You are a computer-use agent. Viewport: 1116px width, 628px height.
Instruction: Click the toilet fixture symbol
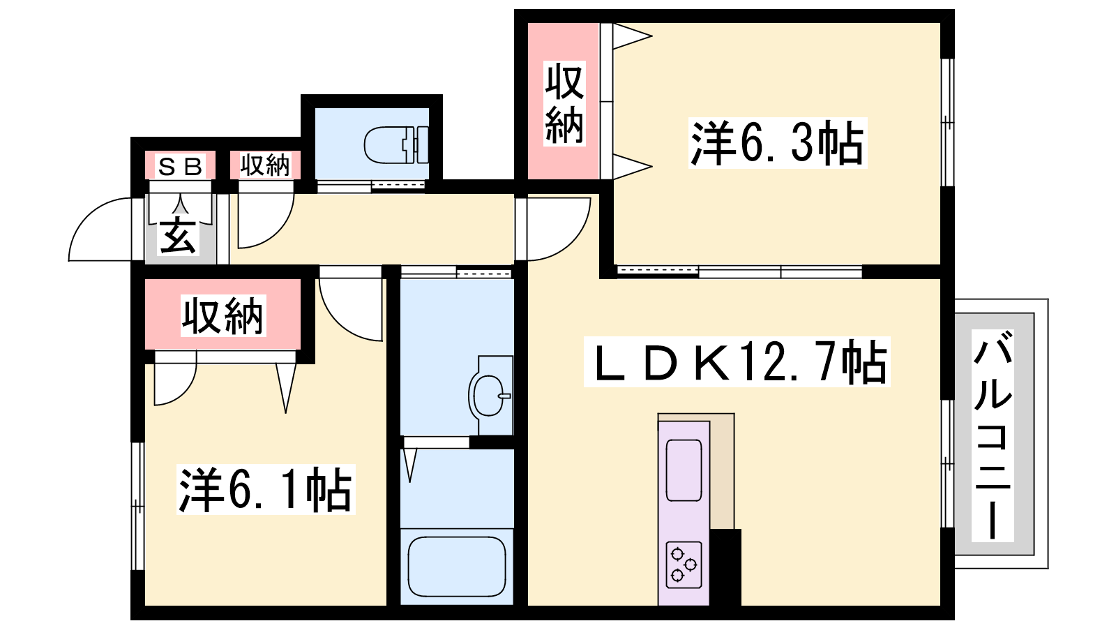coord(396,145)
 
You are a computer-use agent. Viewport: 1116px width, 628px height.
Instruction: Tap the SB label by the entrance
coord(181,166)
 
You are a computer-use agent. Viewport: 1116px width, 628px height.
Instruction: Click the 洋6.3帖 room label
coord(777,143)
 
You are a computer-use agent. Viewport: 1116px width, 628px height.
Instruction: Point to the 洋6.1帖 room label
coord(266,489)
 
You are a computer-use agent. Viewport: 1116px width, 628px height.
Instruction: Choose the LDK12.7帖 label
coord(737,362)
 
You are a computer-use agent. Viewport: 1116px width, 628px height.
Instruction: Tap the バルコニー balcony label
coord(993,435)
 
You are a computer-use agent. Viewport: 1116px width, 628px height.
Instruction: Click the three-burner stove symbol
coord(684,565)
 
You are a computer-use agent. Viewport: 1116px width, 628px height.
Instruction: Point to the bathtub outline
coord(457,566)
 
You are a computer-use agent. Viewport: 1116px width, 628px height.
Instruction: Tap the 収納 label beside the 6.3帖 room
coord(564,103)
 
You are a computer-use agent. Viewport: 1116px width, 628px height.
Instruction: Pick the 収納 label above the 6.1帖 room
coord(223,316)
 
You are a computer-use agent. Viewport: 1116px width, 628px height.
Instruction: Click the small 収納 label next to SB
coord(265,165)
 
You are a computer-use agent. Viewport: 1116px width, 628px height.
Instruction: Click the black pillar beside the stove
coord(725,567)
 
